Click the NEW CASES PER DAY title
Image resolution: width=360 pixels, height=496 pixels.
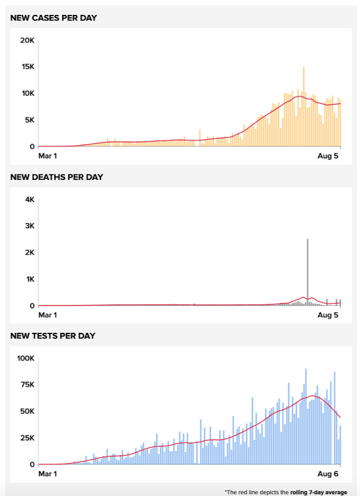click(x=54, y=18)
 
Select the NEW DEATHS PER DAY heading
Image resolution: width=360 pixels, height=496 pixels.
click(x=57, y=177)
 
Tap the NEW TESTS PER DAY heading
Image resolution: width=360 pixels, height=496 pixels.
click(x=53, y=336)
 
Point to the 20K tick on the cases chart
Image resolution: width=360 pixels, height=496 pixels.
click(x=28, y=40)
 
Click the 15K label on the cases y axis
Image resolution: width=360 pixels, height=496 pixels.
click(x=28, y=67)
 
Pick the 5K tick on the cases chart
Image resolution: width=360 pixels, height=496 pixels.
click(x=29, y=120)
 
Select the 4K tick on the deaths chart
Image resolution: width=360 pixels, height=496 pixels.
click(x=29, y=200)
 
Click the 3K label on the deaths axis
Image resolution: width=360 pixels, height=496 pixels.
click(x=29, y=226)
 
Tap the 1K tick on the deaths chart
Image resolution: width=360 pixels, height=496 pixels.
click(x=29, y=279)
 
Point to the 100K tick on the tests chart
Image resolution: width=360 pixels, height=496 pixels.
click(x=25, y=358)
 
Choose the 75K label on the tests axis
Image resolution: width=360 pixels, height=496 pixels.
click(x=27, y=385)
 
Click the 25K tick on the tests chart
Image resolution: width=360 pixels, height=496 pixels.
click(x=27, y=438)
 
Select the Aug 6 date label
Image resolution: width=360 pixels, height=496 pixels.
click(x=328, y=473)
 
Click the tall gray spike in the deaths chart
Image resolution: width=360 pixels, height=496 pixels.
click(x=307, y=272)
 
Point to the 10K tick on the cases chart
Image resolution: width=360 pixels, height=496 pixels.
click(x=28, y=93)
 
